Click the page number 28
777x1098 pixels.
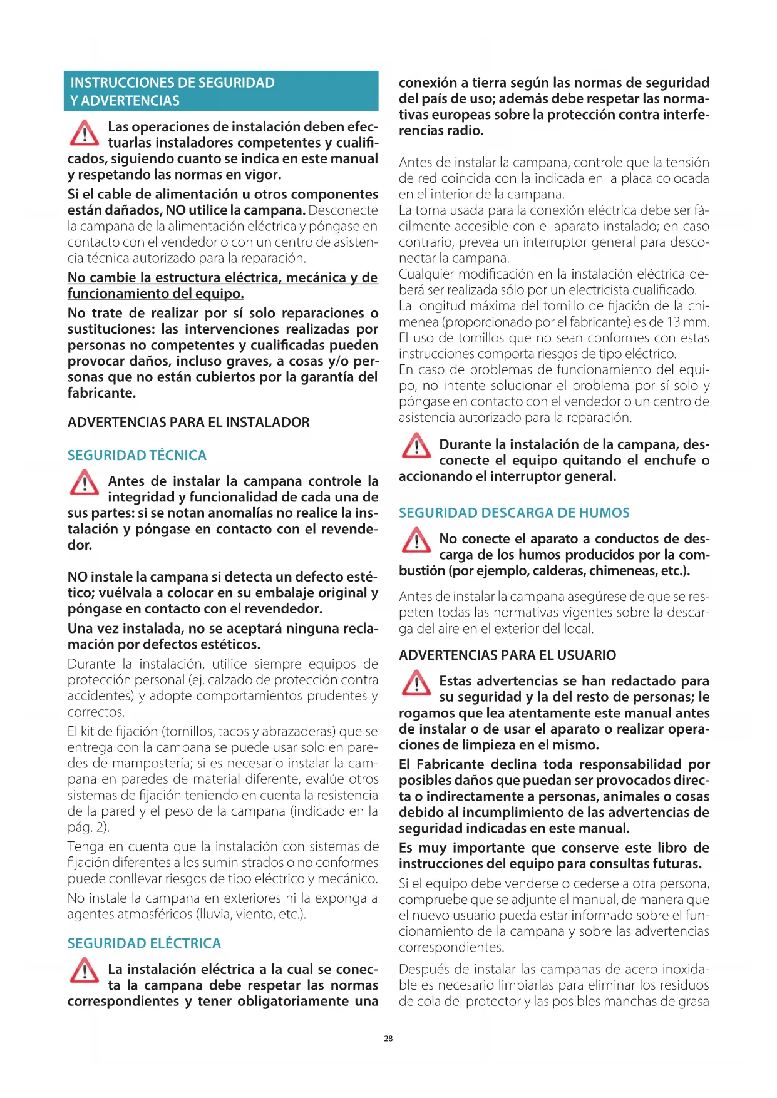click(388, 1039)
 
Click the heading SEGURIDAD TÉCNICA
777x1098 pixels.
click(136, 455)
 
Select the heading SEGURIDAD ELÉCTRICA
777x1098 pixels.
click(144, 943)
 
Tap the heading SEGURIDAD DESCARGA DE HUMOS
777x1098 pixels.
click(514, 513)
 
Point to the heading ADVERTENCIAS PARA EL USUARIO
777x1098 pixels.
click(507, 655)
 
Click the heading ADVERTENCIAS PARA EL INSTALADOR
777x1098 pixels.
click(188, 422)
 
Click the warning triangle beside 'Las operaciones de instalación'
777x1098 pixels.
click(84, 133)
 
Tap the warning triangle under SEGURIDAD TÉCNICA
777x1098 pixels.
click(84, 483)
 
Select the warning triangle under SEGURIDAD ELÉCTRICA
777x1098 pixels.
click(84, 970)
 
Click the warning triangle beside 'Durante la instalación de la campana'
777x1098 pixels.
click(416, 446)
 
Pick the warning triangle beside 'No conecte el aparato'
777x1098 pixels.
click(416, 540)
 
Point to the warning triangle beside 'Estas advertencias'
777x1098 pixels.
click(416, 682)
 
